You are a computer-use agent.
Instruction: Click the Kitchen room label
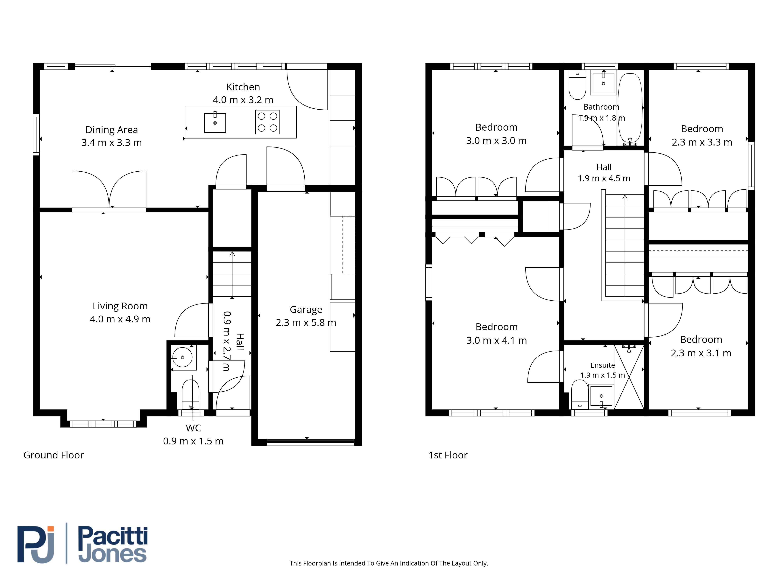click(x=243, y=87)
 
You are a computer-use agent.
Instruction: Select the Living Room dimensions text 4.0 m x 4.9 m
click(x=120, y=319)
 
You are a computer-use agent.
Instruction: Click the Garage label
click(x=306, y=310)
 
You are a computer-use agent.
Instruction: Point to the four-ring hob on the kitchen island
click(x=267, y=122)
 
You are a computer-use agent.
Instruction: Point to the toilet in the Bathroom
click(x=577, y=85)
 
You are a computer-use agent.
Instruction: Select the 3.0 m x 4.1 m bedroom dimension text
click(x=496, y=340)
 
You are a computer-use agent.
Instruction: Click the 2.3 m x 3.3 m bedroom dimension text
click(x=702, y=142)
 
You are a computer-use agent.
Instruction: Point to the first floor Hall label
click(x=604, y=167)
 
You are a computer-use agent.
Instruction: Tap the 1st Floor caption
click(x=448, y=455)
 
